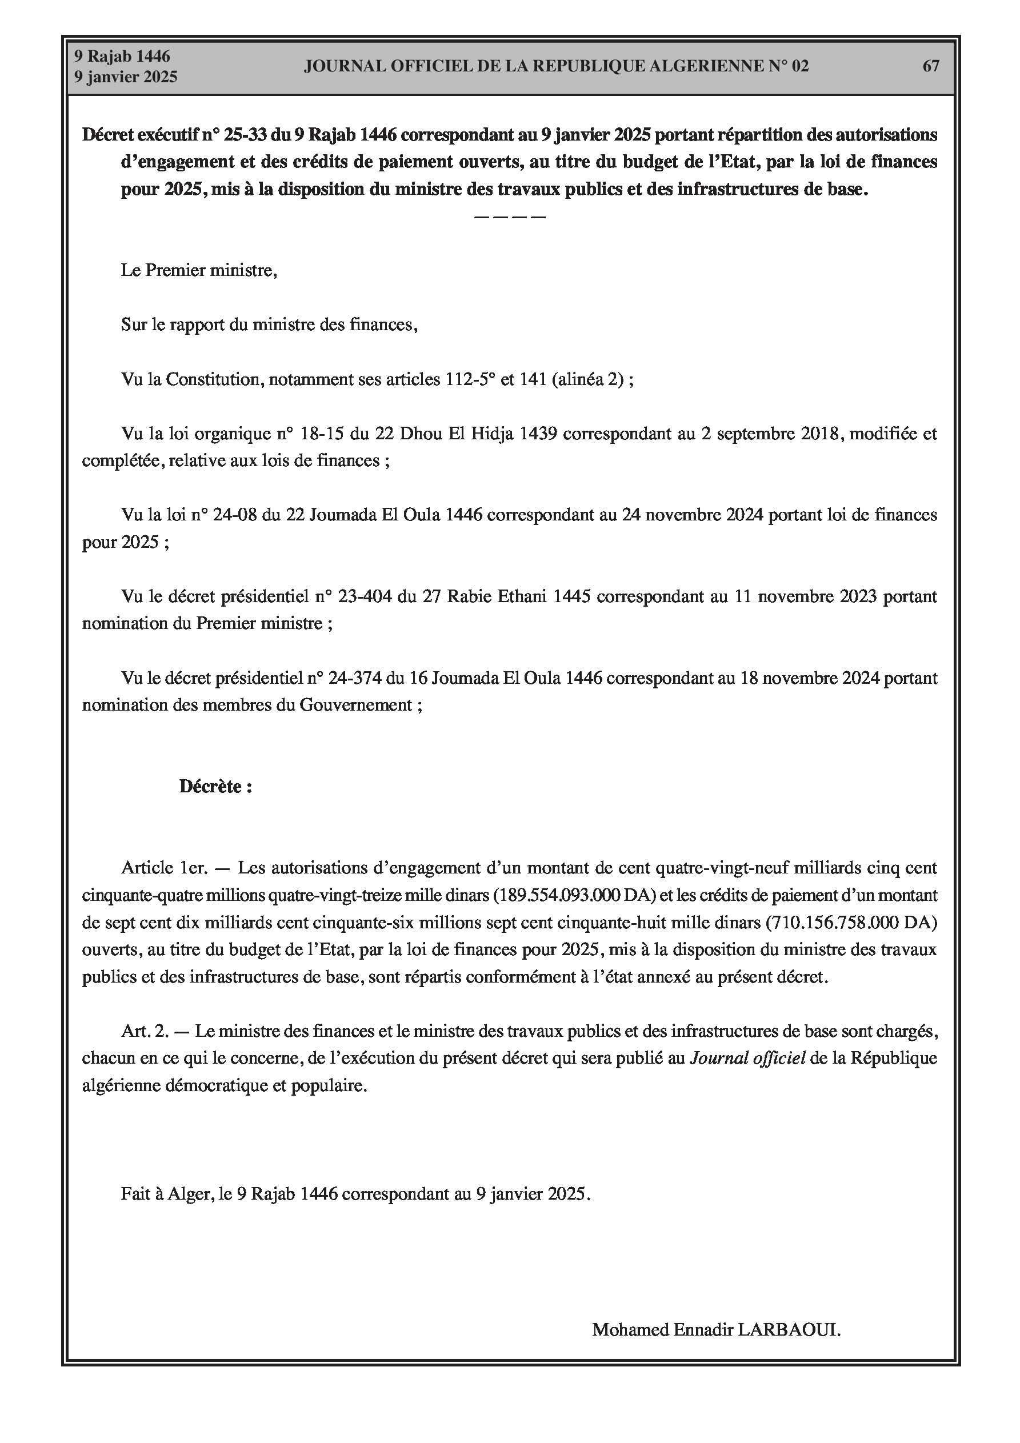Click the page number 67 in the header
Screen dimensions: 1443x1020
(931, 66)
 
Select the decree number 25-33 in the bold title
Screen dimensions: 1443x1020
(246, 135)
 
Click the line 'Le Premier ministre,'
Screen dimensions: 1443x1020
(199, 271)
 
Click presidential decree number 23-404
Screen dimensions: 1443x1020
(364, 596)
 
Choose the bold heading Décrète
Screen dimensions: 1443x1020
(215, 787)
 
